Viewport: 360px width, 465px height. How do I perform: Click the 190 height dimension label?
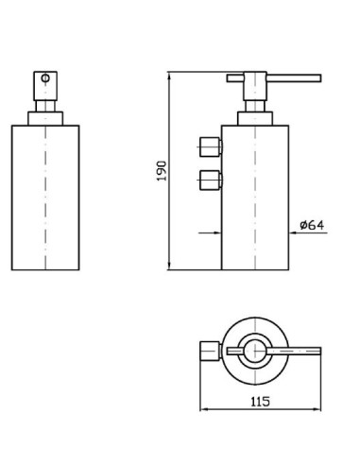tap(162, 171)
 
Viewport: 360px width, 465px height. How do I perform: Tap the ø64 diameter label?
tap(312, 225)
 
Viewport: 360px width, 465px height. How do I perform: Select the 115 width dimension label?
tap(260, 402)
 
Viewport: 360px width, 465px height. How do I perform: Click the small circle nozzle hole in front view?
tap(45, 77)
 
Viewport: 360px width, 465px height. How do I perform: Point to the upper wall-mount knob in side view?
tap(210, 146)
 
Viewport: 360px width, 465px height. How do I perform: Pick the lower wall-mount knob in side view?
tap(210, 181)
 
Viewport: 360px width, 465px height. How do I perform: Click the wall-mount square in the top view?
tap(210, 351)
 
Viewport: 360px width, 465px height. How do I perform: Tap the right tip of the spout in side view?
tap(320, 78)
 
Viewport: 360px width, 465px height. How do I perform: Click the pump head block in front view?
tap(45, 86)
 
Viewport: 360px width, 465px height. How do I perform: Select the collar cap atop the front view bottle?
tap(45, 118)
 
